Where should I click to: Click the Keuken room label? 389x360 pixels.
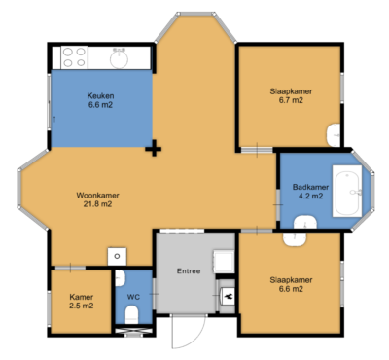point(101,96)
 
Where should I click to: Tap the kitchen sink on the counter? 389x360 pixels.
point(120,58)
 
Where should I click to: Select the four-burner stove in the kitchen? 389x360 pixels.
point(72,58)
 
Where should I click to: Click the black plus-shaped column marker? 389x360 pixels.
point(153,149)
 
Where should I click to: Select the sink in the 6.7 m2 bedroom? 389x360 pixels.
point(335,134)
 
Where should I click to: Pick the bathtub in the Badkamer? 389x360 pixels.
point(349,192)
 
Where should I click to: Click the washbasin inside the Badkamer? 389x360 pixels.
point(298,236)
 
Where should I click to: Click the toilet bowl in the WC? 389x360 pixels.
point(133,314)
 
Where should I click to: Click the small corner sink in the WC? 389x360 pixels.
point(118,256)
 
